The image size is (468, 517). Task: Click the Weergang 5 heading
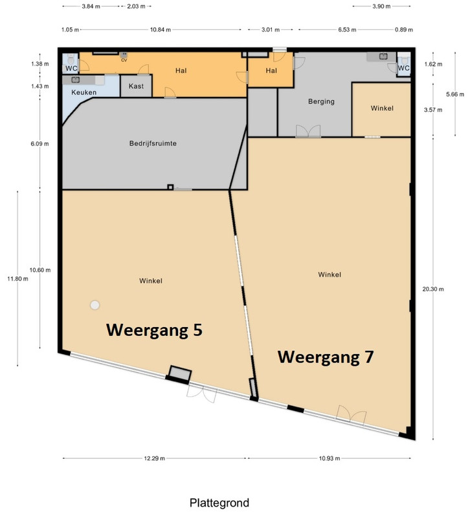click(x=154, y=330)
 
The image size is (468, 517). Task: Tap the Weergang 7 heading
click(x=326, y=357)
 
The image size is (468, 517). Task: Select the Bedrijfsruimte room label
click(x=153, y=143)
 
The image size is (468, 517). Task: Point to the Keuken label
click(x=84, y=92)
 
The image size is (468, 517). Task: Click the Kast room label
click(x=136, y=86)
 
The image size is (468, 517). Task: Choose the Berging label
click(x=321, y=101)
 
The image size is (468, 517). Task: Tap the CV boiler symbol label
click(x=124, y=60)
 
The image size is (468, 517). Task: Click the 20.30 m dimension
click(x=433, y=289)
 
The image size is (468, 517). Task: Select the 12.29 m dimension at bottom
click(x=154, y=458)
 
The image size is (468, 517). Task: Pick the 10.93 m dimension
click(x=329, y=458)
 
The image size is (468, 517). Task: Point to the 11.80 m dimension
click(x=18, y=279)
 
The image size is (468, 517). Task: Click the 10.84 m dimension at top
click(x=161, y=30)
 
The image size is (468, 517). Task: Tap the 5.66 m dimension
click(x=455, y=94)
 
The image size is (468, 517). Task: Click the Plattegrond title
click(x=219, y=503)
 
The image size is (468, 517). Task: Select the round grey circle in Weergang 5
click(x=95, y=305)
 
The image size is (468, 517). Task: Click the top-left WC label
click(x=71, y=69)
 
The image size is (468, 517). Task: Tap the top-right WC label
click(x=404, y=69)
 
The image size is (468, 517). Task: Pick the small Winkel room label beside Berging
click(x=382, y=108)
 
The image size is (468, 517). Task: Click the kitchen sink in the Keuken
click(x=76, y=79)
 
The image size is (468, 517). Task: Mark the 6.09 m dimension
click(x=39, y=143)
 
